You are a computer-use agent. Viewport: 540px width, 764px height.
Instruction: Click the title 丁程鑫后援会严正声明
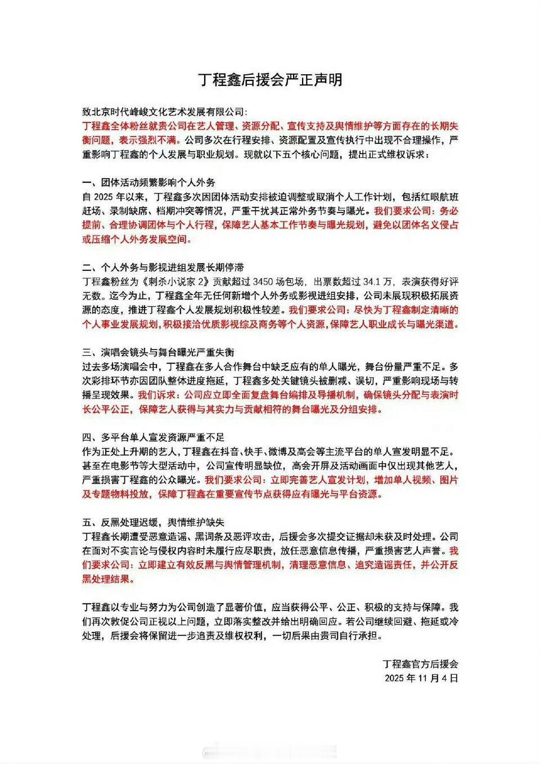270,80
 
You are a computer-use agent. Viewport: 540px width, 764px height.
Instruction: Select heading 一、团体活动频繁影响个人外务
148,183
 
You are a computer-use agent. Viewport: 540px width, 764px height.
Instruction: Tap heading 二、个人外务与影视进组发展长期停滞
163,268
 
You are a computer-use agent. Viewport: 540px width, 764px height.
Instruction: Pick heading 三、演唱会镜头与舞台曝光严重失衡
158,352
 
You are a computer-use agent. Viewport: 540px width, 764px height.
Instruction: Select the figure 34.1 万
375,282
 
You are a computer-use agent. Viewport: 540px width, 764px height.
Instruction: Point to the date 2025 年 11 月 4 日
421,678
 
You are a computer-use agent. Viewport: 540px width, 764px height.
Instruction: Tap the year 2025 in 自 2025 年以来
106,197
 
